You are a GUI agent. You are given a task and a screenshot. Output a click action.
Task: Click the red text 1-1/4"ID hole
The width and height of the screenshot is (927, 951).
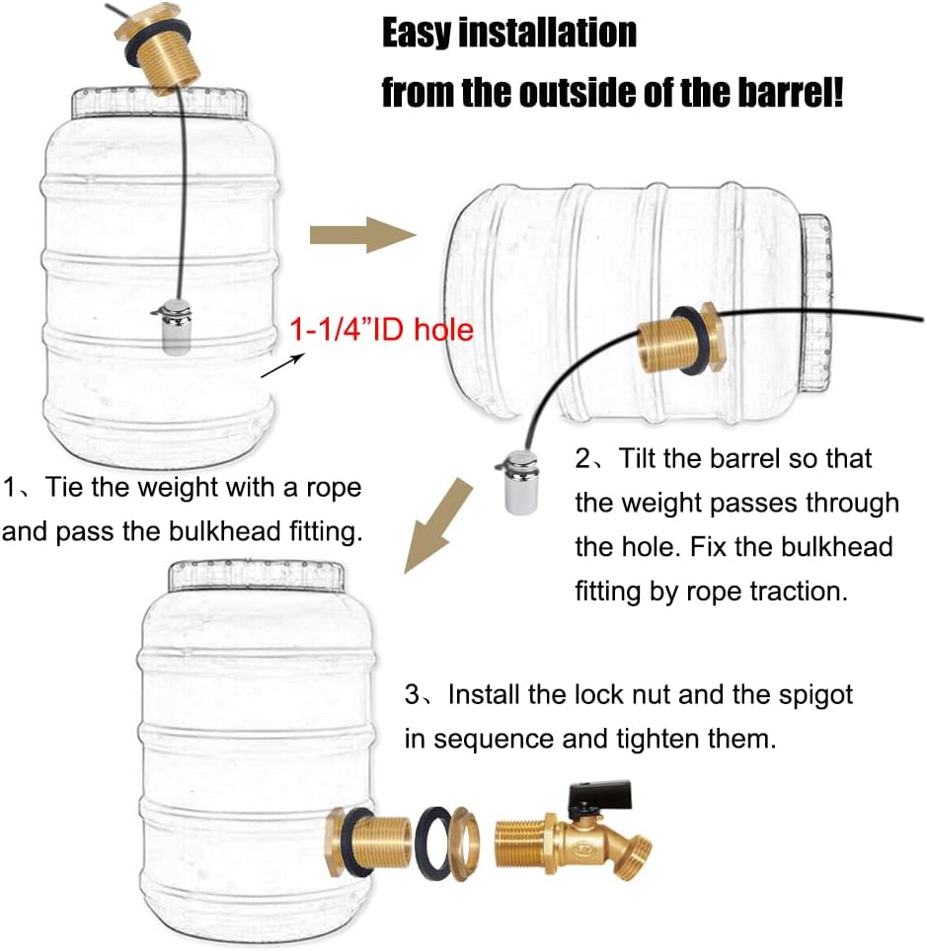(x=380, y=330)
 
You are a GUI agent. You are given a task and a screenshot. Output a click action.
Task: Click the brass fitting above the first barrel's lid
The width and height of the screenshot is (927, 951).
(x=160, y=49)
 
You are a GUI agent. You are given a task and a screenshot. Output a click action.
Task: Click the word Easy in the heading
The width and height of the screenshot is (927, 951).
(x=419, y=34)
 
